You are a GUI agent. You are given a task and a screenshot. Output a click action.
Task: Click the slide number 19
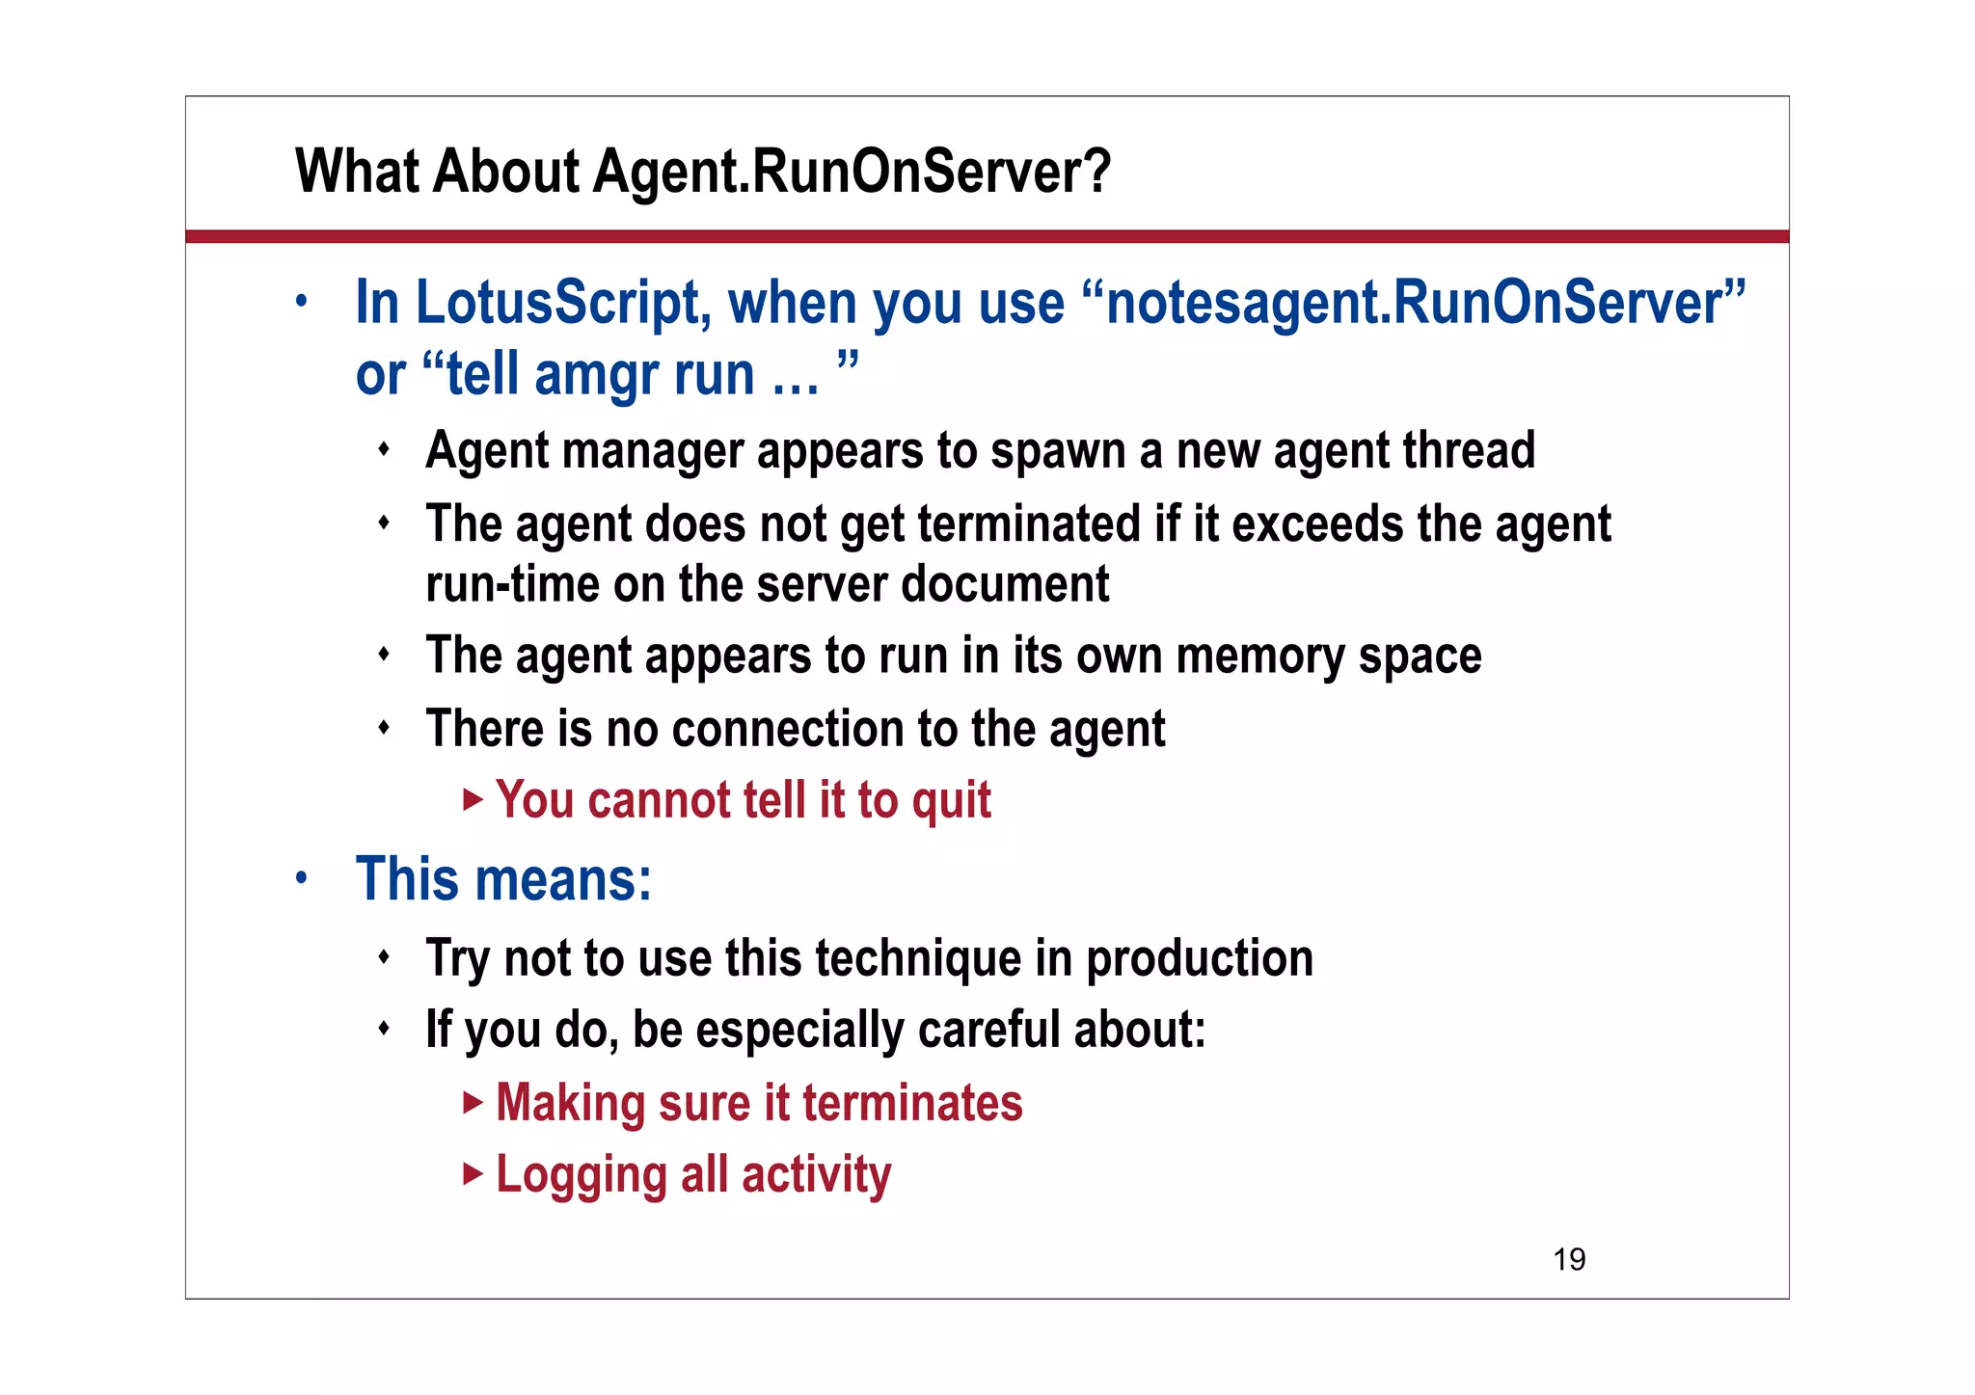click(x=1569, y=1259)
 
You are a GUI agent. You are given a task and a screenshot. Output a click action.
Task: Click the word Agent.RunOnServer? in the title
click(x=852, y=172)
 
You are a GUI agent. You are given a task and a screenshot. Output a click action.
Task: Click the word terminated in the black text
click(x=1029, y=524)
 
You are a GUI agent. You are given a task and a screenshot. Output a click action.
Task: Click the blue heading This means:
click(x=503, y=879)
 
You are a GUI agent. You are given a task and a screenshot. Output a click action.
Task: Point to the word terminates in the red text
click(x=911, y=1103)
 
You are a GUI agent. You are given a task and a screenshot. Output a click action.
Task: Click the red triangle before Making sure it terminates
click(x=472, y=1102)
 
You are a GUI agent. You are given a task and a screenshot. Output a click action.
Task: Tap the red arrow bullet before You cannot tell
click(x=472, y=799)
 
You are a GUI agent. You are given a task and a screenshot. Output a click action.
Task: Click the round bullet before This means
click(x=302, y=878)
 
